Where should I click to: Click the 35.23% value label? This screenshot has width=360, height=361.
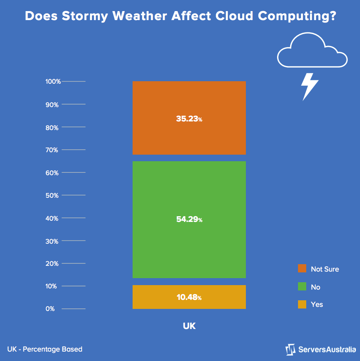pyautogui.click(x=189, y=119)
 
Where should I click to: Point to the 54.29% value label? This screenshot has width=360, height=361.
pyautogui.click(x=189, y=219)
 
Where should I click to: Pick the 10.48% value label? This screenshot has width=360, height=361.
pyautogui.click(x=189, y=297)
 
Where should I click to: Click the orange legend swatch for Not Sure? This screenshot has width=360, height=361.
pyautogui.click(x=302, y=269)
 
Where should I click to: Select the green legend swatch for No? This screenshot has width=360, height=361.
pyautogui.click(x=302, y=287)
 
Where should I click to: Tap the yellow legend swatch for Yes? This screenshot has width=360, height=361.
pyautogui.click(x=302, y=304)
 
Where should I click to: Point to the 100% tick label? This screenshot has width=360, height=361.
pyautogui.click(x=53, y=82)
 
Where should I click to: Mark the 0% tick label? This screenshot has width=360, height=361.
pyautogui.click(x=50, y=309)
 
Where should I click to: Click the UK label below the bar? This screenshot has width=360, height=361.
pyautogui.click(x=189, y=326)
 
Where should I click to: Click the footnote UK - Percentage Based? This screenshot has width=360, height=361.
pyautogui.click(x=45, y=349)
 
